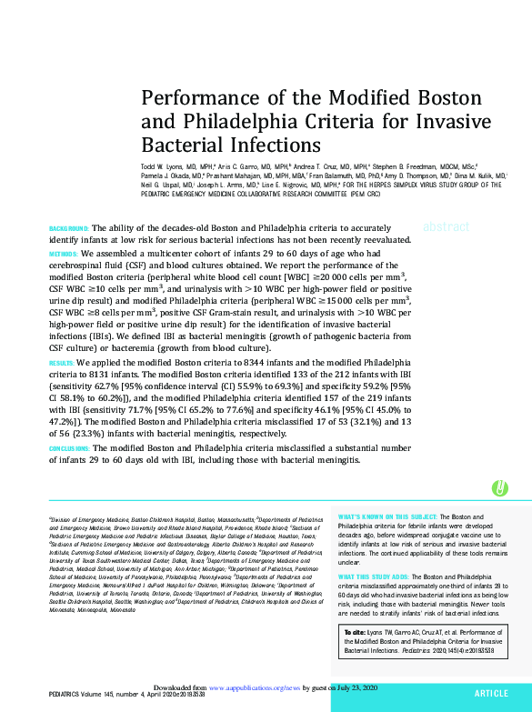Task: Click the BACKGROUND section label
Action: (67, 227)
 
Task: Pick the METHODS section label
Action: (64, 253)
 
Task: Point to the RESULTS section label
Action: (62, 362)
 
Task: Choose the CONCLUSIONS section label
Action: (69, 448)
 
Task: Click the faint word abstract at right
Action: (446, 227)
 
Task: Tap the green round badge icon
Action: (498, 488)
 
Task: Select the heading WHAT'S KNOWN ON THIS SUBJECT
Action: (387, 516)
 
